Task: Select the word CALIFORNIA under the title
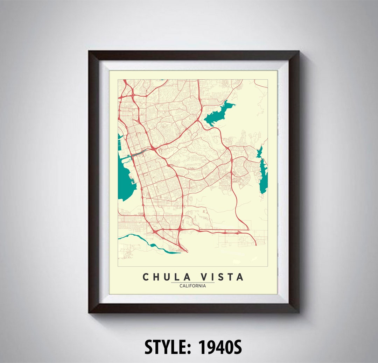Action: coord(192,286)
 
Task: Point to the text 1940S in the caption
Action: coord(220,347)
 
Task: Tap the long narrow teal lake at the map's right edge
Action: coord(264,177)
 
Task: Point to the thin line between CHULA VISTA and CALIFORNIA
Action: coord(192,282)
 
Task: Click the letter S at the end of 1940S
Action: coord(237,347)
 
